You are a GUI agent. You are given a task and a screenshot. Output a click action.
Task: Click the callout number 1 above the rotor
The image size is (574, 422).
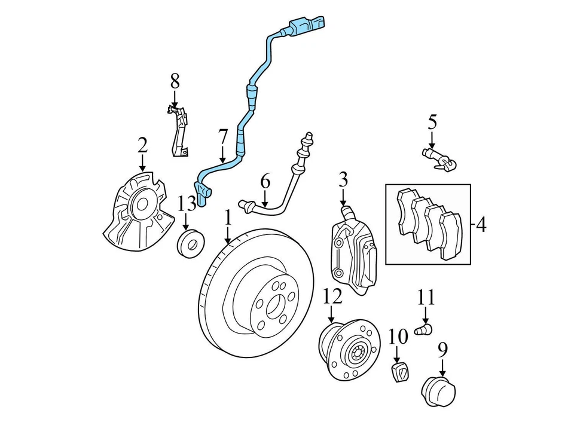pyautogui.click(x=228, y=218)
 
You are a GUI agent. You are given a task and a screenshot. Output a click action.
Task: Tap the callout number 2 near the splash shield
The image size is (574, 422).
pyautogui.click(x=142, y=145)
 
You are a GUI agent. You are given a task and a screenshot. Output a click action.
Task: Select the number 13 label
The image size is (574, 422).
pyautogui.click(x=187, y=203)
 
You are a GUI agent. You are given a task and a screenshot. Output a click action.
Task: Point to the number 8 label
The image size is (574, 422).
pyautogui.click(x=175, y=80)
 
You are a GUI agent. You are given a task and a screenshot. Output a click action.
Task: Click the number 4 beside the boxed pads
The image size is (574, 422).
pyautogui.click(x=481, y=225)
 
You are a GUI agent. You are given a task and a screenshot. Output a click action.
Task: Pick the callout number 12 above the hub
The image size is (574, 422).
pyautogui.click(x=332, y=296)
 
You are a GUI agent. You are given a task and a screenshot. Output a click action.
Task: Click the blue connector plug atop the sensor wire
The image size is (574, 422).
pyautogui.click(x=305, y=26)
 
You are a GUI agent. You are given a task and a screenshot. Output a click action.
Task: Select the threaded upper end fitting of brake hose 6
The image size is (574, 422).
pyautogui.click(x=308, y=140)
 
